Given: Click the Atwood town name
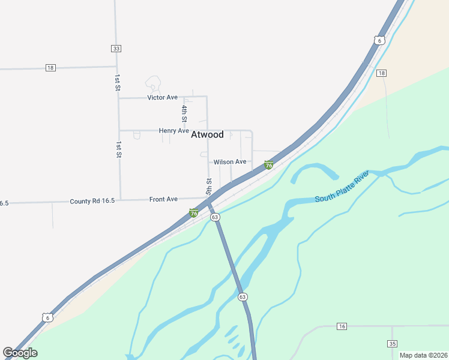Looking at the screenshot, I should (207, 134).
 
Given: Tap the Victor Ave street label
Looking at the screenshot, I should (163, 97).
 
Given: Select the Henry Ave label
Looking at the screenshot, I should (174, 131).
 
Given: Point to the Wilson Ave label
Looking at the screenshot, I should (230, 162).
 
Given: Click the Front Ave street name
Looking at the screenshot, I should (163, 199).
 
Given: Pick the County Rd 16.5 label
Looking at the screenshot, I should (92, 201).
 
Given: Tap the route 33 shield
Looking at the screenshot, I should (116, 49).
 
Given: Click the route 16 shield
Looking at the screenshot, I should (342, 326).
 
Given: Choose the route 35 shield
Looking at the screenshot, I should (393, 344).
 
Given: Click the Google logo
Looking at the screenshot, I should (20, 353).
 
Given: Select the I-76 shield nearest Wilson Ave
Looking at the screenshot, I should (269, 165).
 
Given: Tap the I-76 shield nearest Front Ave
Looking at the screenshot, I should (194, 212).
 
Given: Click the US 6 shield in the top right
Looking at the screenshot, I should (378, 40).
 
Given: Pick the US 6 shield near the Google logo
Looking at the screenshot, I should (47, 317).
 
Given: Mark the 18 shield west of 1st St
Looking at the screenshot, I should (50, 68).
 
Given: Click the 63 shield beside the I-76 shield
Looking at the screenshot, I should (215, 217).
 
